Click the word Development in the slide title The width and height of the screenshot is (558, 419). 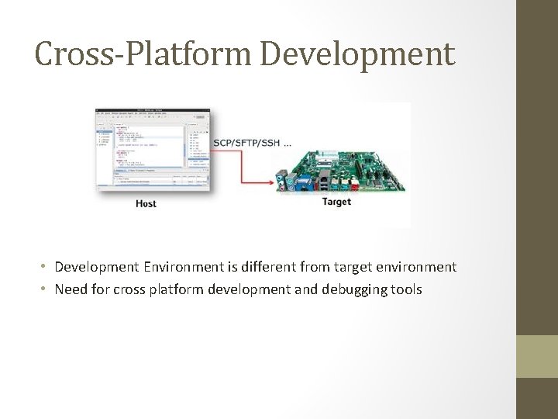(357, 54)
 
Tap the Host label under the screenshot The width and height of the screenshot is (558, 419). (146, 203)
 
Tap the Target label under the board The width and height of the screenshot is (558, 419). (336, 202)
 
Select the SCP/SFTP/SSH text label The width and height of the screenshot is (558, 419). (246, 143)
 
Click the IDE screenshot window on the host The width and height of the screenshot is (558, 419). (152, 149)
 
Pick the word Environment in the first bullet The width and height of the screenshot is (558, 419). (183, 267)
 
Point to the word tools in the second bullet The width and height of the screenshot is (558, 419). (405, 289)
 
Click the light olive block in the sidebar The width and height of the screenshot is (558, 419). (537, 356)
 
